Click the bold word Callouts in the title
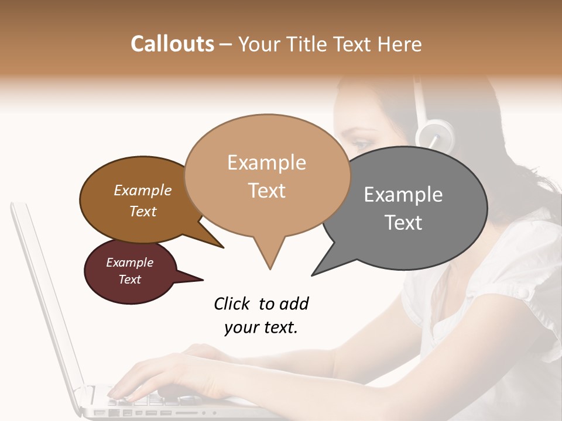point(172,44)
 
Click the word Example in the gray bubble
point(403,195)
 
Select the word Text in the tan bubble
point(267,191)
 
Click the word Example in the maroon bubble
point(129,263)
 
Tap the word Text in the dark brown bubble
point(143,211)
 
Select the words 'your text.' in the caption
point(261,327)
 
